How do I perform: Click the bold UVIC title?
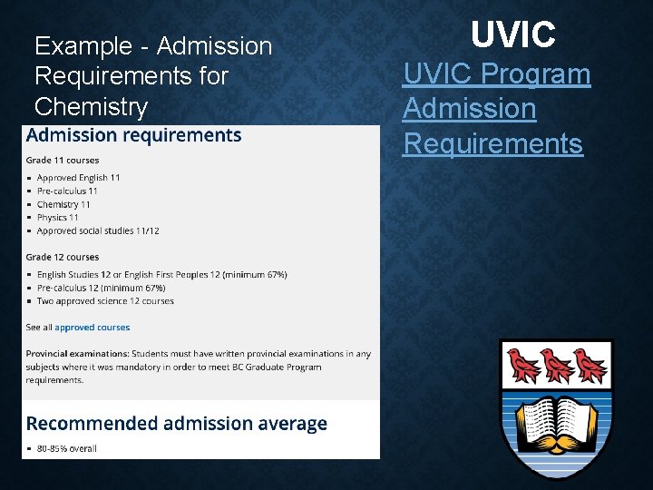tap(513, 35)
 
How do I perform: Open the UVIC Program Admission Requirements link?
tap(496, 108)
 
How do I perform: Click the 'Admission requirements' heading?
tap(134, 136)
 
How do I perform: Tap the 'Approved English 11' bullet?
tap(78, 178)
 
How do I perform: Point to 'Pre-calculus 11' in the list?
tap(67, 191)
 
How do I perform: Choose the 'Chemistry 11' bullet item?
tap(63, 204)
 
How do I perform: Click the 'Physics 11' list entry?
tap(57, 218)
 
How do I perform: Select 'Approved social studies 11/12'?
tap(98, 230)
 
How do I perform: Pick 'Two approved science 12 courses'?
tap(105, 300)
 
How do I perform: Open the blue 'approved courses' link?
tap(92, 328)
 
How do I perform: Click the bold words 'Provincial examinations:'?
tap(77, 354)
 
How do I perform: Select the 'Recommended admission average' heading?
tap(177, 424)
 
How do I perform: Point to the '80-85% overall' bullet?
tap(66, 447)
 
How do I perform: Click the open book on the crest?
tap(556, 420)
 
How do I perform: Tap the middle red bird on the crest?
tap(557, 365)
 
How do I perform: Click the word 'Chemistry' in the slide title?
tap(91, 107)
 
